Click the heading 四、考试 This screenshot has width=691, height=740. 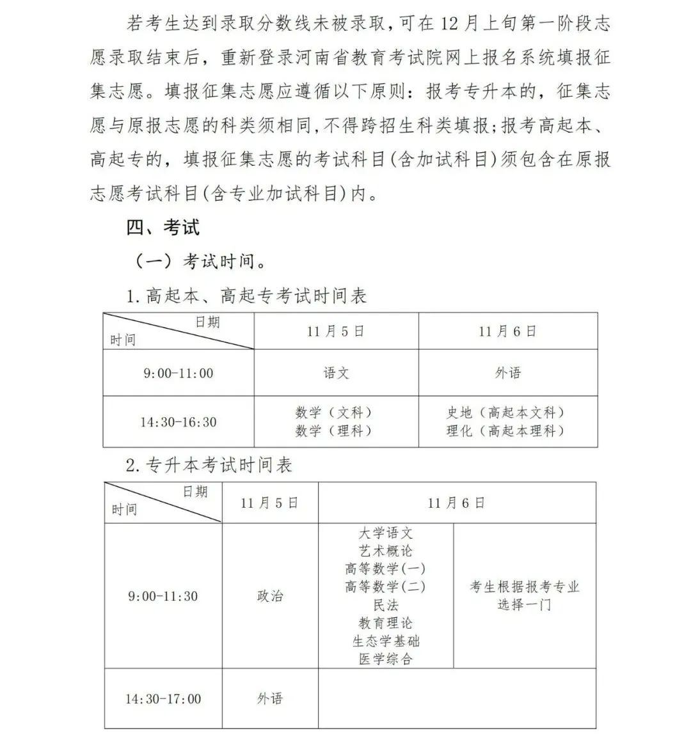(163, 226)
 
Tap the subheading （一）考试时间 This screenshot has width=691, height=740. (199, 261)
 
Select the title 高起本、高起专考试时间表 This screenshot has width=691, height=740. (246, 296)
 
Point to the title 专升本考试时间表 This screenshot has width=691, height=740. (209, 465)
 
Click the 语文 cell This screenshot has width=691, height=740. (336, 373)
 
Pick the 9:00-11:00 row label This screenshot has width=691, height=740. (178, 373)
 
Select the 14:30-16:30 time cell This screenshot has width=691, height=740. (178, 422)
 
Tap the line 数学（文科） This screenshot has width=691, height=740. (334, 413)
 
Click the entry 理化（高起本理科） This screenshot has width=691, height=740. (507, 431)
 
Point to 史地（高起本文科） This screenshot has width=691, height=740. (507, 413)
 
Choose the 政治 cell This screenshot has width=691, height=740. (269, 596)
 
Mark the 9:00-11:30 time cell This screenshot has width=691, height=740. (163, 596)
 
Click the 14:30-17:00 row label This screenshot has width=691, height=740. (163, 699)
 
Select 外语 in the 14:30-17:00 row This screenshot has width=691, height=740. (269, 699)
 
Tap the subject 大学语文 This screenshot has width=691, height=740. (385, 533)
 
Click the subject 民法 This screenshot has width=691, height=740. (385, 604)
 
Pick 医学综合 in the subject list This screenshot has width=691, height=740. (385, 659)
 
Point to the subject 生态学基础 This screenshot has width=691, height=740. (385, 641)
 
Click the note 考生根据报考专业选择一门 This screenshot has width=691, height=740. (524, 595)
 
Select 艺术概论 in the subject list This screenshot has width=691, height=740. (385, 551)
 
